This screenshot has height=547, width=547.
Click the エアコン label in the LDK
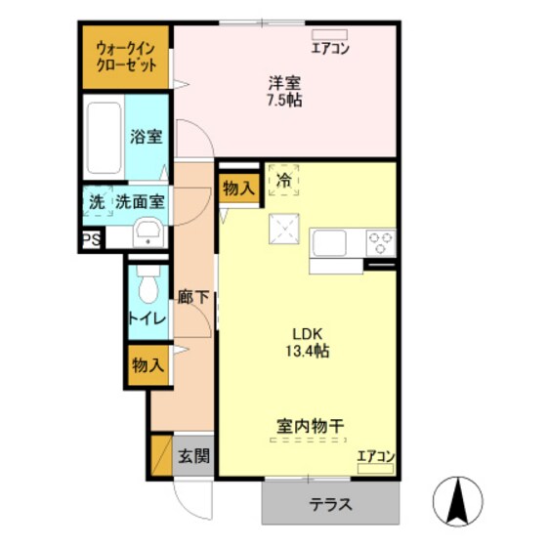[376, 456]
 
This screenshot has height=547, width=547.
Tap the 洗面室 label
[141, 203]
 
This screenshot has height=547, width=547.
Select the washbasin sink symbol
[147, 232]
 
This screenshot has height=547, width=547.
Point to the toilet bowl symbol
[147, 285]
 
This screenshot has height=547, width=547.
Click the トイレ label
[146, 319]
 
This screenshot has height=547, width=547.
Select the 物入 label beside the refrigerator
[238, 188]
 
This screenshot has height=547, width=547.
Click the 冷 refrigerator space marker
[284, 180]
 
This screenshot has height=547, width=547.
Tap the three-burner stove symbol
[380, 241]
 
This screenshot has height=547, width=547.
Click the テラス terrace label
[331, 506]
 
